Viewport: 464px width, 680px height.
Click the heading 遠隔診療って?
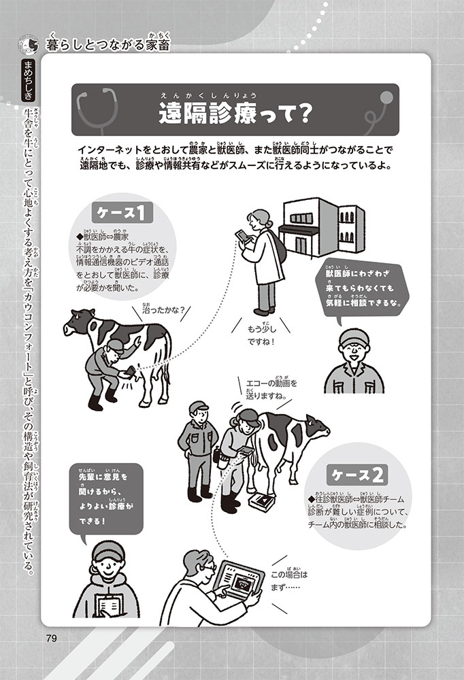(235, 114)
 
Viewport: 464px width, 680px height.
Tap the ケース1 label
(122, 212)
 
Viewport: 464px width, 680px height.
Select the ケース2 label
(357, 475)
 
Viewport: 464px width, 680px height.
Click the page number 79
(51, 638)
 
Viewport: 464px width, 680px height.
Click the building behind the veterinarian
(321, 228)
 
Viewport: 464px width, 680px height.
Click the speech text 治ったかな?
(164, 310)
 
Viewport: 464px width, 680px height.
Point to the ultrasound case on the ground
(262, 502)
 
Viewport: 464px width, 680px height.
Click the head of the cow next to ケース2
(316, 427)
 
